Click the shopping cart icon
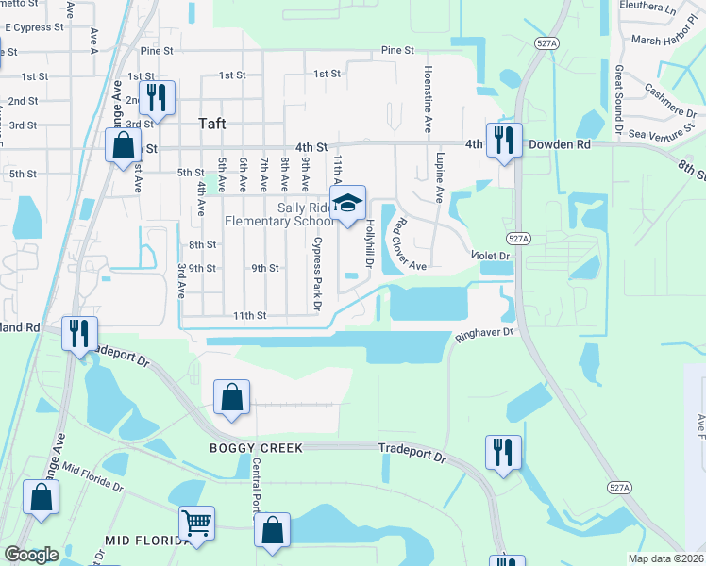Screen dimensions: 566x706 coord(196,523)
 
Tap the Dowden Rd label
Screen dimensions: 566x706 coord(559,145)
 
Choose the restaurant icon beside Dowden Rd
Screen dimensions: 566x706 coord(504,140)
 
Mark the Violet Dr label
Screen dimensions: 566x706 coord(491,256)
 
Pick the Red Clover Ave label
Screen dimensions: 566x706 coord(408,244)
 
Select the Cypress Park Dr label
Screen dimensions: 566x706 coord(317,274)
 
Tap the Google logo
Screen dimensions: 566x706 coord(31,555)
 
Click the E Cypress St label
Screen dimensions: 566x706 coord(34,27)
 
